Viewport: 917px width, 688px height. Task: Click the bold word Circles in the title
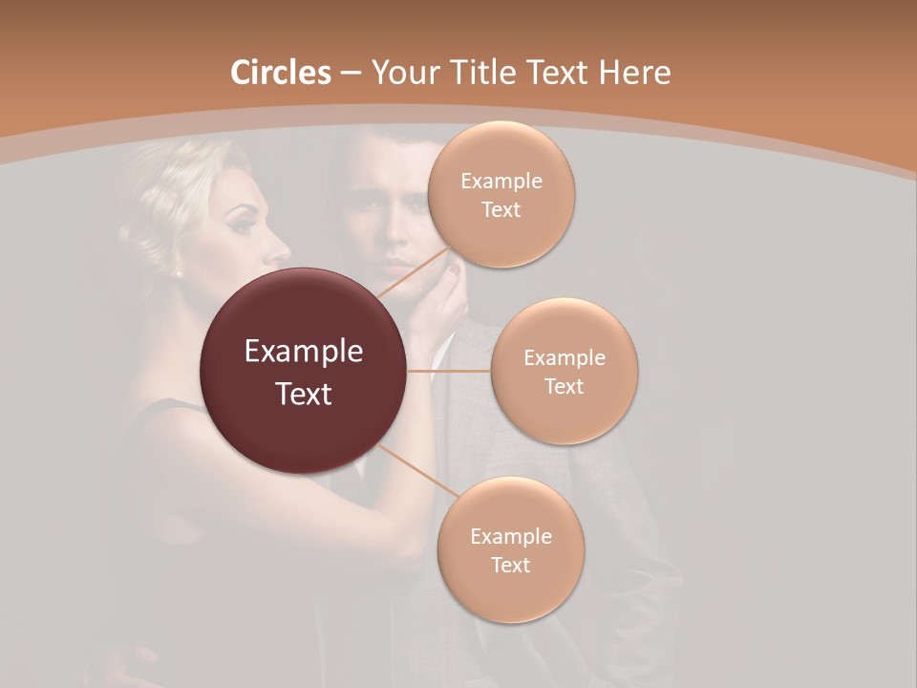(280, 73)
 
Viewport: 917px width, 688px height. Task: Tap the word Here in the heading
(635, 73)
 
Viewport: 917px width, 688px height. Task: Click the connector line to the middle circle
(449, 370)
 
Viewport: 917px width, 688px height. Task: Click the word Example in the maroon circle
(304, 352)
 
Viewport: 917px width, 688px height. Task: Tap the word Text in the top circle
(501, 210)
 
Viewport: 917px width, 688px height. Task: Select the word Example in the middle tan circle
(564, 358)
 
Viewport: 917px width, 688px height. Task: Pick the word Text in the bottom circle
(510, 566)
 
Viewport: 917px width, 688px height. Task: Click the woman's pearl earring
(178, 272)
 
